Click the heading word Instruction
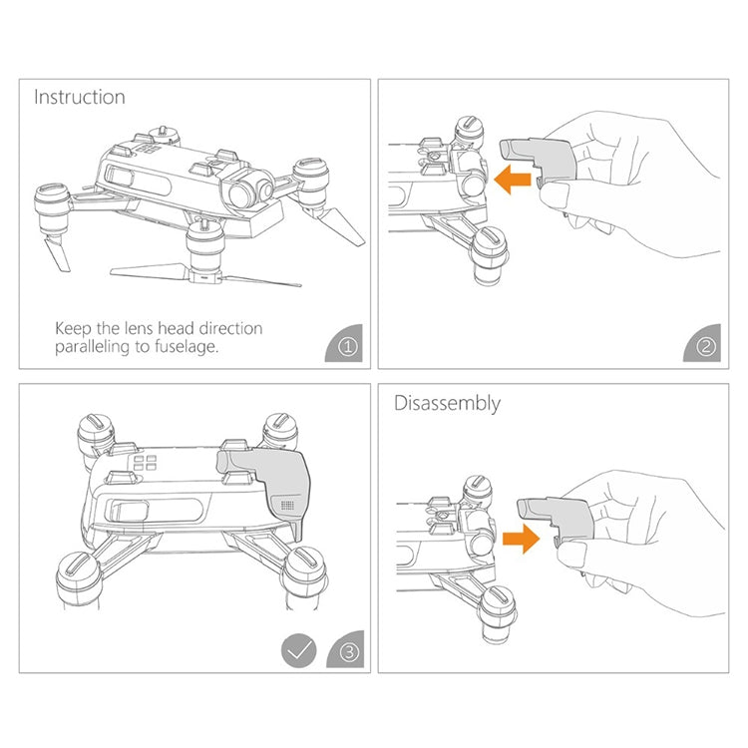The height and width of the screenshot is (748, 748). [x=80, y=97]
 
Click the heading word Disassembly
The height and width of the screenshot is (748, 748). [x=447, y=404]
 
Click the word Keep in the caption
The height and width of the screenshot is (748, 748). [x=74, y=328]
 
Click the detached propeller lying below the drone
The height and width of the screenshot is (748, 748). [x=203, y=273]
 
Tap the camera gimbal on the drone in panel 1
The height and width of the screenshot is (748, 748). [x=249, y=188]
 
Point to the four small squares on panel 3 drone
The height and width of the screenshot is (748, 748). [x=143, y=464]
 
